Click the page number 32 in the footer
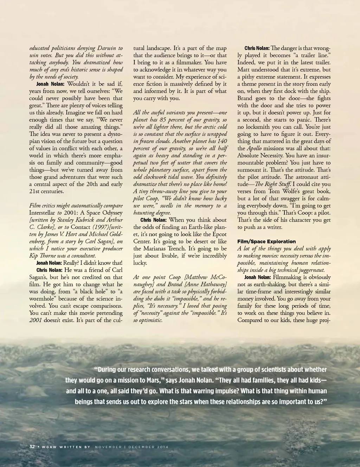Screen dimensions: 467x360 (x=32, y=447)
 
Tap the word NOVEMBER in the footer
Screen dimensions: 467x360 (x=108, y=447)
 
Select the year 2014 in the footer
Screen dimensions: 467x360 (x=161, y=447)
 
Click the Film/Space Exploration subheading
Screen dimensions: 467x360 (x=266, y=241)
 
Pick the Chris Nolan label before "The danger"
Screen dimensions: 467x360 (x=257, y=48)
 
